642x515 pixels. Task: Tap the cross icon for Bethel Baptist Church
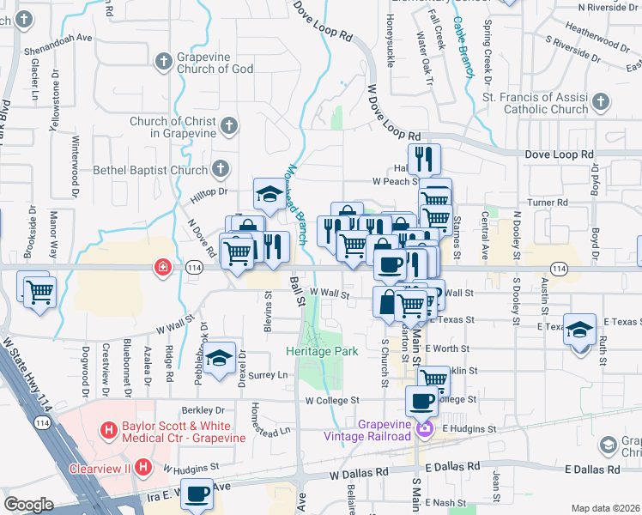pyautogui.click(x=220, y=169)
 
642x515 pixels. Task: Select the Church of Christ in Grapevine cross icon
pyautogui.click(x=227, y=127)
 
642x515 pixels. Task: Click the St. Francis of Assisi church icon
pyautogui.click(x=600, y=104)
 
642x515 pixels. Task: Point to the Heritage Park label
pyautogui.click(x=322, y=351)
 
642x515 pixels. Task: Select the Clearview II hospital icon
pyautogui.click(x=143, y=469)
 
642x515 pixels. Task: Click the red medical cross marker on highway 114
pyautogui.click(x=161, y=269)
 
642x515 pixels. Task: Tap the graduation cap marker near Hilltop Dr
pyautogui.click(x=269, y=195)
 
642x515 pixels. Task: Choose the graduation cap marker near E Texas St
pyautogui.click(x=579, y=329)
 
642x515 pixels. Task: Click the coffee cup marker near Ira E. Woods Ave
pyautogui.click(x=197, y=495)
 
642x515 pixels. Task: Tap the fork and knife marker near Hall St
pyautogui.click(x=423, y=159)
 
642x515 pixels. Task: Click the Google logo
pyautogui.click(x=28, y=505)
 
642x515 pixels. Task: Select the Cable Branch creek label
pyautogui.click(x=464, y=47)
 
